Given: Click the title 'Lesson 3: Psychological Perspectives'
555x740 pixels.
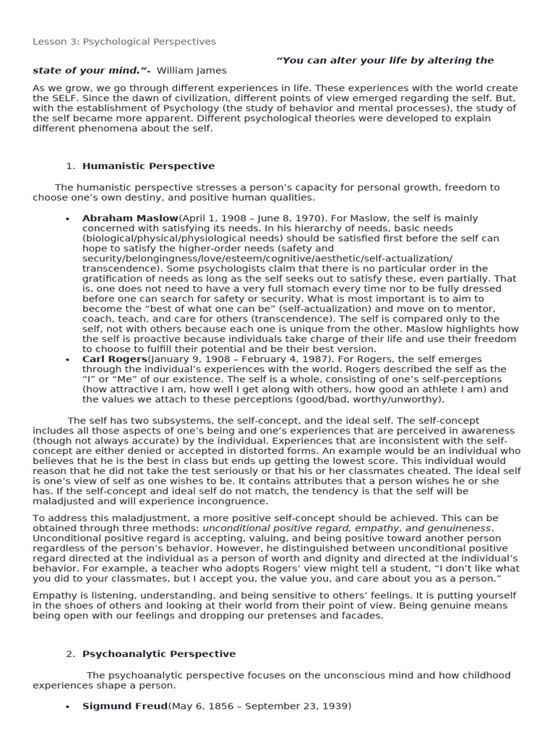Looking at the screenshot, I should (x=124, y=42).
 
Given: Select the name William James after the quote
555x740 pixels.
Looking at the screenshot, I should (x=192, y=71).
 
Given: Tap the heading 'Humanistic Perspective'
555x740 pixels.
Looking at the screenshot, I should (x=148, y=166).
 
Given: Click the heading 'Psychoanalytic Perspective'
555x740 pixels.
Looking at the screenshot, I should (x=159, y=654).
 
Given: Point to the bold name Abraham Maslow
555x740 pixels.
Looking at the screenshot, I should (x=130, y=218).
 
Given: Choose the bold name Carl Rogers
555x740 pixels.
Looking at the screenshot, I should (x=114, y=359).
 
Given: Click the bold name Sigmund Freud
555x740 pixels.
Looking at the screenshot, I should (x=124, y=706).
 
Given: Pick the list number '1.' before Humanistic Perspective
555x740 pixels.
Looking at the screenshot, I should (x=70, y=166).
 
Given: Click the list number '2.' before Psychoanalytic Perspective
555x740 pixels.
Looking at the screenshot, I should (x=70, y=654).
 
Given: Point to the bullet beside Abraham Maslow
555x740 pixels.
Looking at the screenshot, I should (x=67, y=219).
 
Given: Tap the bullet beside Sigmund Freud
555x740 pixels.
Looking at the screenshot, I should (x=67, y=707).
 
